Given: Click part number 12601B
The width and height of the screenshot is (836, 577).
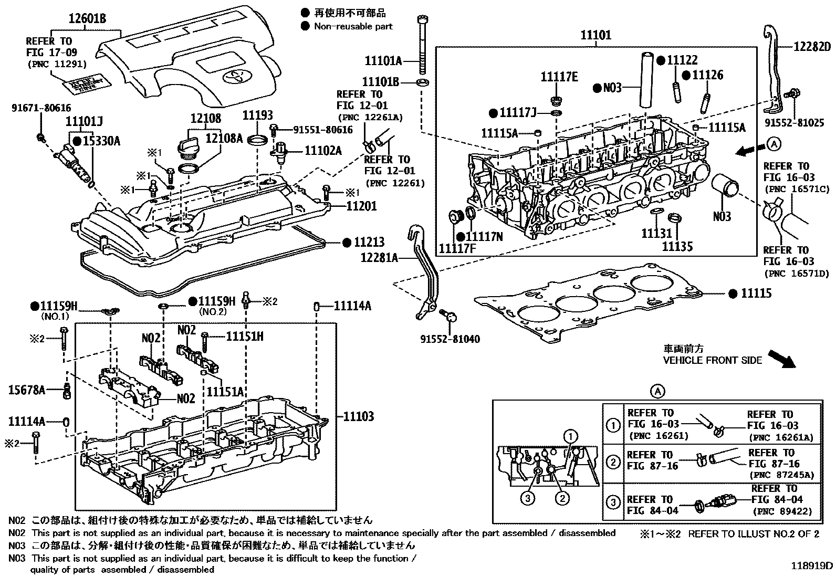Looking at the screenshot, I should pos(87,19).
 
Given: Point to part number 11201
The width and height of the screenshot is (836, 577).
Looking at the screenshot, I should pos(361,207).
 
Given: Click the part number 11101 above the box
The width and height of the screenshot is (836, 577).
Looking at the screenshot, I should pos(596,36).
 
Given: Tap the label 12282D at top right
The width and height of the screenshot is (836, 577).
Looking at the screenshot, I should pos(812,46).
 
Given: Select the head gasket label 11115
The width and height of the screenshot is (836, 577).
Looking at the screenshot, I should pos(757,293).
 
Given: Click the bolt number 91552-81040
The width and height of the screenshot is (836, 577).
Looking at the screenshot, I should pos(450,339).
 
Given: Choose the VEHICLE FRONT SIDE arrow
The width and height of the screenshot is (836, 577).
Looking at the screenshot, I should pos(779,359).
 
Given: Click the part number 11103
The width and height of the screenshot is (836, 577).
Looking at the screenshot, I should pos(359,417).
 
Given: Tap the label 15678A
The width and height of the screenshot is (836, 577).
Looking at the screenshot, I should pos(27,390).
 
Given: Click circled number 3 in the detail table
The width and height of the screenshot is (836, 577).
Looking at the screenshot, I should pos(613,503).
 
